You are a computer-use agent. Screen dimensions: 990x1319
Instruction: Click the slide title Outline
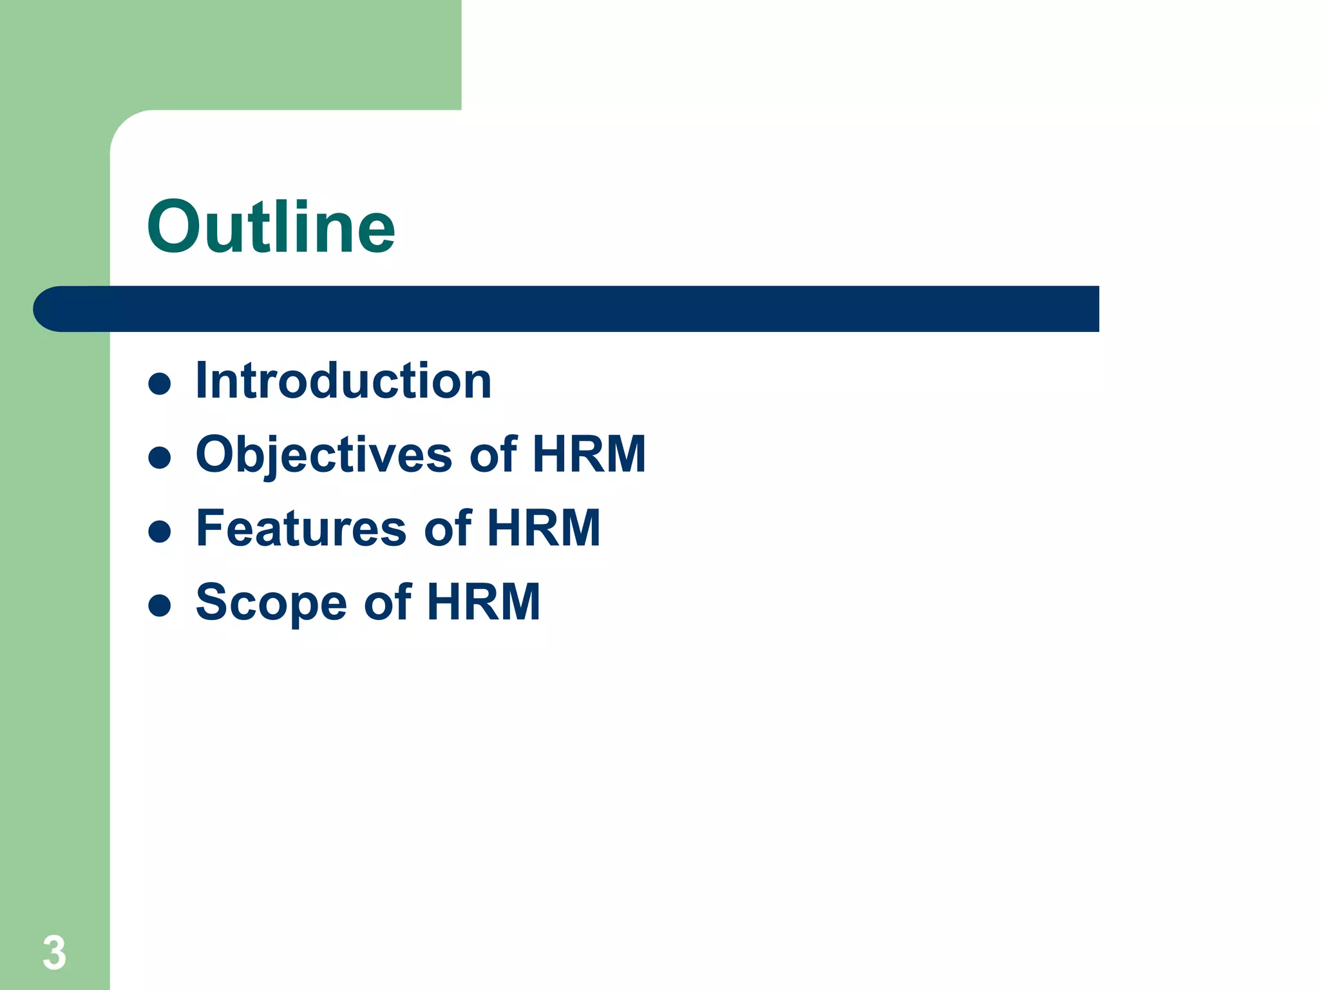pyautogui.click(x=270, y=227)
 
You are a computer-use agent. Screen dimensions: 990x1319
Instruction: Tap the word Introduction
pyautogui.click(x=343, y=381)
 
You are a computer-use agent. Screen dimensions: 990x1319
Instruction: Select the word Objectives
pyautogui.click(x=324, y=455)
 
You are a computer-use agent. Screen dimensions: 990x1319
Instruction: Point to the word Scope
pyautogui.click(x=270, y=603)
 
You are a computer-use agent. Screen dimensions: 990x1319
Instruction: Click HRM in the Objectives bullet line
pyautogui.click(x=589, y=454)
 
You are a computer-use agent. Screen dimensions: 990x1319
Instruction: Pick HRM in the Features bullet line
pyautogui.click(x=544, y=529)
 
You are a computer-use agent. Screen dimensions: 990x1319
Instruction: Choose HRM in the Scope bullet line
pyautogui.click(x=483, y=602)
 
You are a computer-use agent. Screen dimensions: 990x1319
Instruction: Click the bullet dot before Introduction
pyautogui.click(x=159, y=383)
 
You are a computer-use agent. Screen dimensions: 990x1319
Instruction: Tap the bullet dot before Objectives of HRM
pyautogui.click(x=159, y=458)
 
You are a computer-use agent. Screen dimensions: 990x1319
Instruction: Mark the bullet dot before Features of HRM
pyautogui.click(x=159, y=532)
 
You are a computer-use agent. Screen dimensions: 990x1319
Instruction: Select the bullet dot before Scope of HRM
pyautogui.click(x=159, y=605)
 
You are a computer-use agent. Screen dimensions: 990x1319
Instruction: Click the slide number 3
pyautogui.click(x=54, y=953)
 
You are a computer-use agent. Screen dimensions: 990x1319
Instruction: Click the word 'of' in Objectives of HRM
pyautogui.click(x=493, y=454)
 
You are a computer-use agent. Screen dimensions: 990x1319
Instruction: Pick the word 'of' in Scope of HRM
pyautogui.click(x=388, y=602)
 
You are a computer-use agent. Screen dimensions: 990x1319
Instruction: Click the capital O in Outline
pyautogui.click(x=175, y=228)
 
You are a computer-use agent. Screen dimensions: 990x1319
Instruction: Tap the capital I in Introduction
pyautogui.click(x=202, y=381)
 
